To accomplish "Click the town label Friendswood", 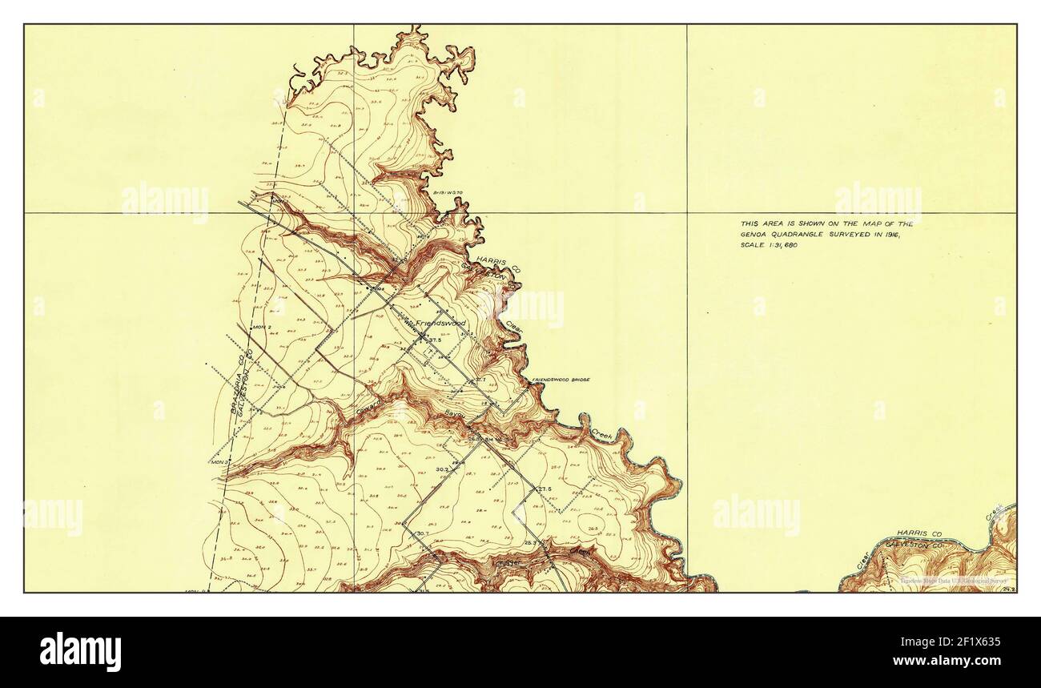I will (x=440, y=323).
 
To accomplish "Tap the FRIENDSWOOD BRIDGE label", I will (x=561, y=379).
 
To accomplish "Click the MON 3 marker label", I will (x=219, y=461).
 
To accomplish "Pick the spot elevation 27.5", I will (x=545, y=489).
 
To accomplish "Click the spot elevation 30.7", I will (x=423, y=533).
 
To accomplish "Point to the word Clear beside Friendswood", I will (x=514, y=328).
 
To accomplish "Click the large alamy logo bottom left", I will (x=80, y=651).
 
